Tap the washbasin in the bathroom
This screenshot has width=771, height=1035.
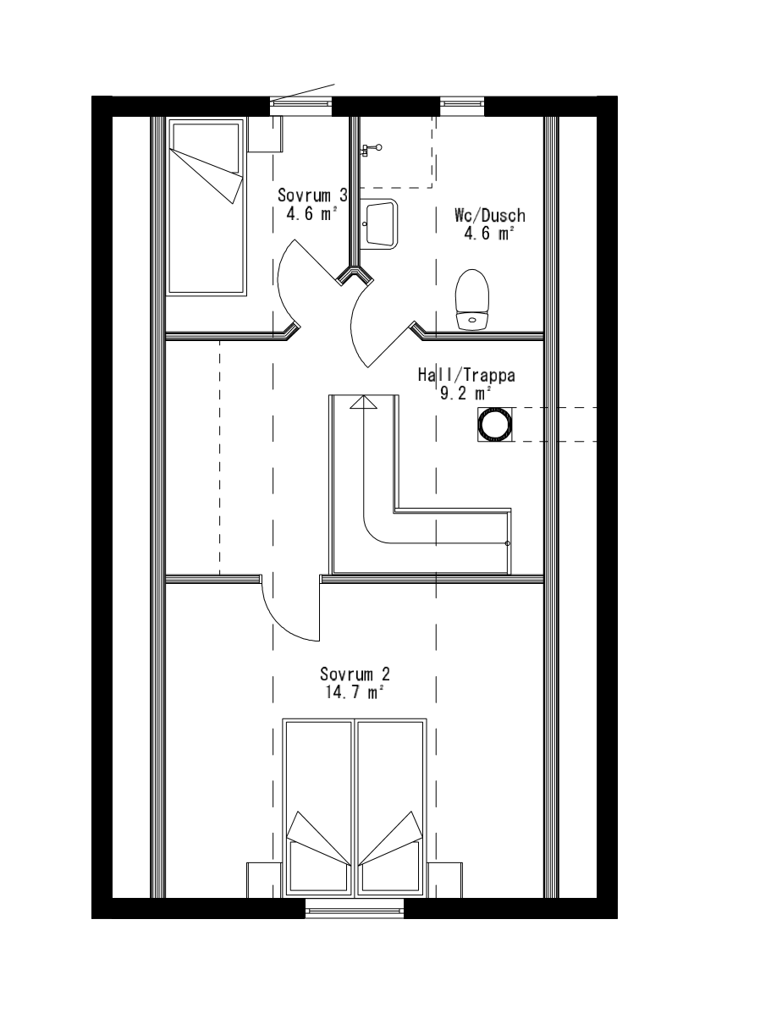pyautogui.click(x=379, y=224)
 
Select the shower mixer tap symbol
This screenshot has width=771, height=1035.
pyautogui.click(x=371, y=150)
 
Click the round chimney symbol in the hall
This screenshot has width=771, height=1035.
pyautogui.click(x=495, y=424)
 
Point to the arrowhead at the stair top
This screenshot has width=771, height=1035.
pyautogui.click(x=364, y=402)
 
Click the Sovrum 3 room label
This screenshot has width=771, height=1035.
pyautogui.click(x=312, y=195)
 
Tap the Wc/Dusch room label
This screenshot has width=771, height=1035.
pyautogui.click(x=490, y=216)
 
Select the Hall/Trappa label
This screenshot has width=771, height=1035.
pyautogui.click(x=466, y=375)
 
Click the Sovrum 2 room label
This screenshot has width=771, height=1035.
pyautogui.click(x=355, y=674)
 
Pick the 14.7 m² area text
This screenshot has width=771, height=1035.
pyautogui.click(x=355, y=692)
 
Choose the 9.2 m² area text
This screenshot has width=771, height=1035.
pyautogui.click(x=465, y=394)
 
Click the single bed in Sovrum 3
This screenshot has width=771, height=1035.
pyautogui.click(x=207, y=207)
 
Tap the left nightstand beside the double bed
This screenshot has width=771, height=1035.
pyautogui.click(x=264, y=880)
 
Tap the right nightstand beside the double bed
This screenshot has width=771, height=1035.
pyautogui.click(x=445, y=880)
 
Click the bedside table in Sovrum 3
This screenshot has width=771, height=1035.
pyautogui.click(x=265, y=134)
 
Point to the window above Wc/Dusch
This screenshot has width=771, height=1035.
pyautogui.click(x=462, y=106)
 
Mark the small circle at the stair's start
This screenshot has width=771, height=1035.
pyautogui.click(x=508, y=543)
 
